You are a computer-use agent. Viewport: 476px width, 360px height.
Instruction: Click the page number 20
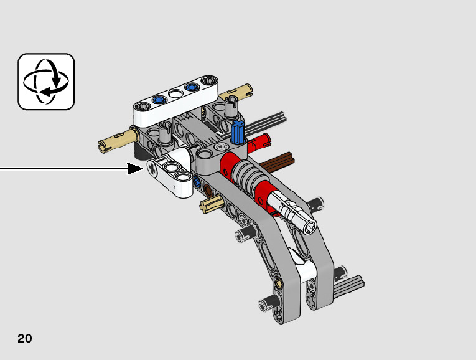25,338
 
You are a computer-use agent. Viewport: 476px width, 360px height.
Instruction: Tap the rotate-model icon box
46,82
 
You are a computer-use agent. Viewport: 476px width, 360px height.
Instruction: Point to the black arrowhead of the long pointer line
135,169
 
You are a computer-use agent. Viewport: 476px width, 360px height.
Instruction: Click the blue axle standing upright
238,131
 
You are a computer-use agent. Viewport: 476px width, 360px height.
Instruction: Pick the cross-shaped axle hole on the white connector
152,168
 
